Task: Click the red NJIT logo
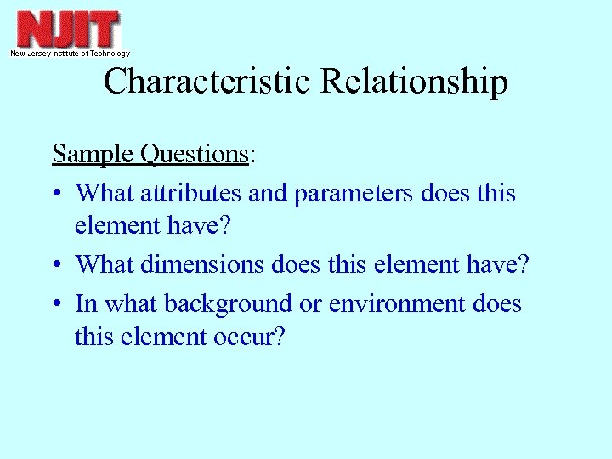point(69,29)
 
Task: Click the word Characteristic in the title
point(208,82)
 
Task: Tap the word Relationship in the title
point(415,82)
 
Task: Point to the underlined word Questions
point(194,155)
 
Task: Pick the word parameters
point(354,194)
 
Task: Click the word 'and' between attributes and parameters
point(268,194)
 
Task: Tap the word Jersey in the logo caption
point(39,54)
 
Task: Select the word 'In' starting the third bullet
point(85,303)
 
